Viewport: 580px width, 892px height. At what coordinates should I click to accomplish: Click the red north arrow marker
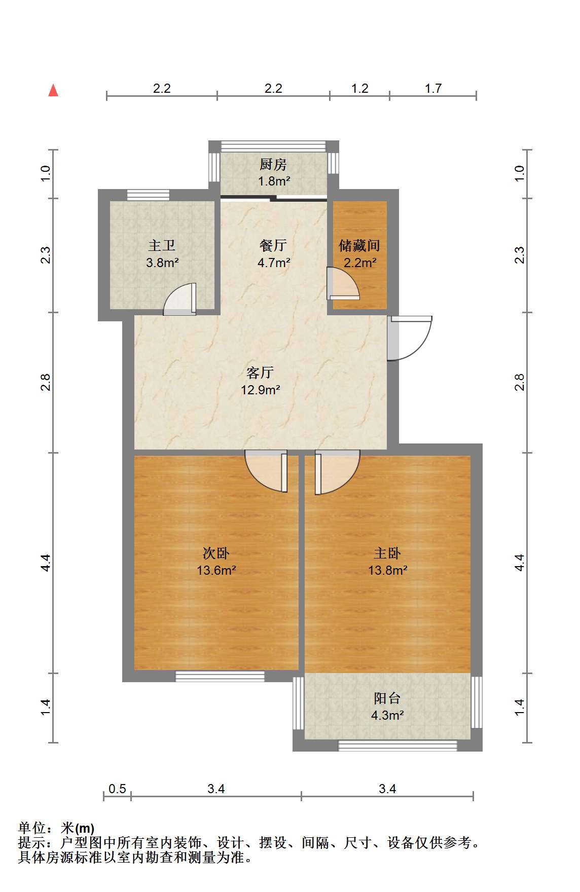point(53,90)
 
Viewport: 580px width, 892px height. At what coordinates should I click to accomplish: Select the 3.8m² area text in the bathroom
point(162,263)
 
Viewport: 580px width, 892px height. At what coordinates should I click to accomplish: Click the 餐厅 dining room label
point(273,246)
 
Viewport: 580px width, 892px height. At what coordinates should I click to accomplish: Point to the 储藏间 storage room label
point(359,246)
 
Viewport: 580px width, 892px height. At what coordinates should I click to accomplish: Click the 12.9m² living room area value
point(261,390)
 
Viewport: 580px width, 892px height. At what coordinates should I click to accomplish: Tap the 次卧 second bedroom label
point(216,553)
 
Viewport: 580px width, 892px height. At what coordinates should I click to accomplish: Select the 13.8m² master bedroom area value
point(388,570)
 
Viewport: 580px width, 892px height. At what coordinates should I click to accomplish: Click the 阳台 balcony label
point(387,698)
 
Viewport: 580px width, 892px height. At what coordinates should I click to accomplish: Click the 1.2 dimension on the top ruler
point(360,89)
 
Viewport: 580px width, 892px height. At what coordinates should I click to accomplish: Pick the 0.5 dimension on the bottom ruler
point(117,789)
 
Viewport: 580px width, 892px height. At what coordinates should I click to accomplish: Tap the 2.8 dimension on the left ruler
point(46,382)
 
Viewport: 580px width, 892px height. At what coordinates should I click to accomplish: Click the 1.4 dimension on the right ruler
point(520,708)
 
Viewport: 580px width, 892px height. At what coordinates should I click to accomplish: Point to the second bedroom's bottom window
point(220,676)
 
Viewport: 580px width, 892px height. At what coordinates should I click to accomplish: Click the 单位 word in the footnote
point(32,828)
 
